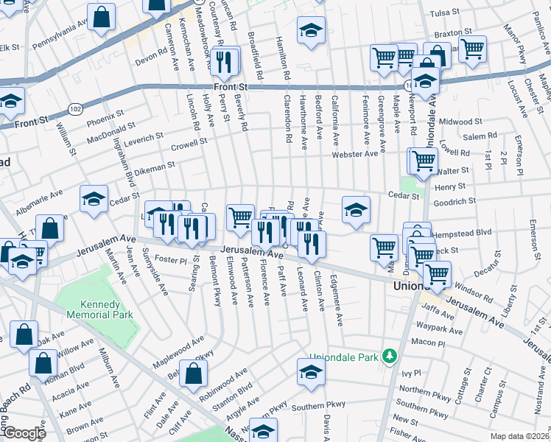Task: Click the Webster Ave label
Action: [x=359, y=153]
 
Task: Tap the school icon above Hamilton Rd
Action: [x=311, y=31]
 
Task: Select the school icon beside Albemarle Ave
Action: [x=94, y=199]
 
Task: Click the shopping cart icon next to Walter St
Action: [x=423, y=160]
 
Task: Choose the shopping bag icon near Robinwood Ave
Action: [x=192, y=373]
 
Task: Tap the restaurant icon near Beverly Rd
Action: [x=228, y=60]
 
